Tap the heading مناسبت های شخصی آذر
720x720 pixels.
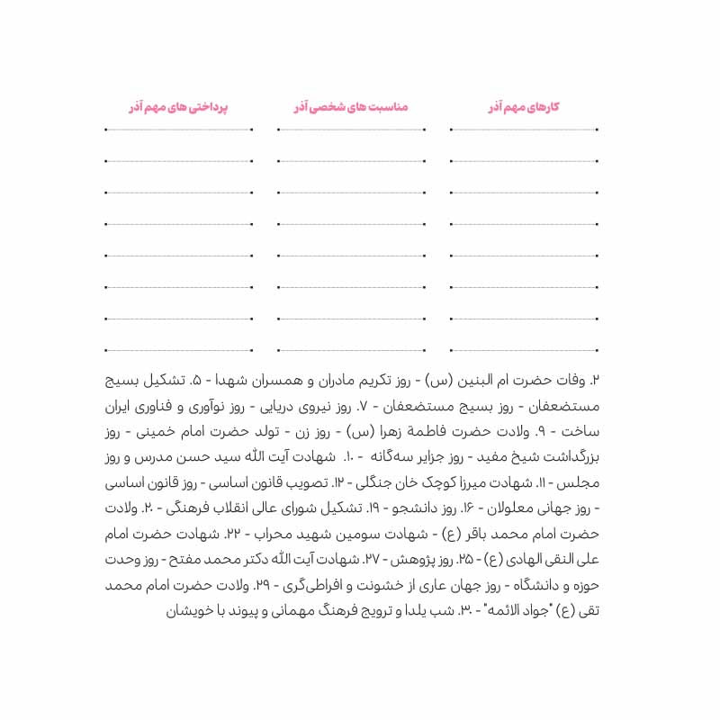click(350, 107)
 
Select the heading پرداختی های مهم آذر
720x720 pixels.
click(178, 107)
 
